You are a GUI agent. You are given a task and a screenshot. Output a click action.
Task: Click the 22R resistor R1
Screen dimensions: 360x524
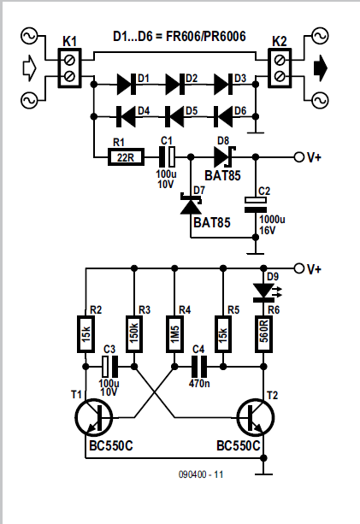[x=126, y=157]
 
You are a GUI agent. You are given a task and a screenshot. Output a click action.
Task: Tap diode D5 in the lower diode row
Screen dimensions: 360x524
[x=174, y=116]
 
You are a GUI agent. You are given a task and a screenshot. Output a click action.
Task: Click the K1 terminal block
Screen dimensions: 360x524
[x=69, y=68]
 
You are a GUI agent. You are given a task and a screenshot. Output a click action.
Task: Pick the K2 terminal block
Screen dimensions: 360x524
[x=280, y=68]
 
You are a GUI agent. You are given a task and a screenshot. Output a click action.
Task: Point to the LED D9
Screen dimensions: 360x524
[x=263, y=291]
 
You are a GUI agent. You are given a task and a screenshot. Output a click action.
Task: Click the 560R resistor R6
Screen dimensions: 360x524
[x=263, y=334]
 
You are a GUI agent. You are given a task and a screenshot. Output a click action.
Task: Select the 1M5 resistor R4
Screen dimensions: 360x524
[x=174, y=334]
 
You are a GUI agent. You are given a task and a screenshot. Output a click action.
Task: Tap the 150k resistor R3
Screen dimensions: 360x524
[x=134, y=334]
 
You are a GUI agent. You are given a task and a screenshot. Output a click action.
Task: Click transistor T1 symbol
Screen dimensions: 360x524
[x=93, y=417]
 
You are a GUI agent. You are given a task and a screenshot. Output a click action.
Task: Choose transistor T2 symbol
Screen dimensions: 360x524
[x=256, y=417]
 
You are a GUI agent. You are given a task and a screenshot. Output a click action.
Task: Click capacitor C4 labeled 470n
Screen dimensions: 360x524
[x=199, y=367]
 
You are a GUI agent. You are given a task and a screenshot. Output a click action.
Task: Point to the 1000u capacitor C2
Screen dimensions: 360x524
[x=256, y=205]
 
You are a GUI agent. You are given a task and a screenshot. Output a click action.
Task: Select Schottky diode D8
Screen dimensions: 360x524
[x=224, y=156]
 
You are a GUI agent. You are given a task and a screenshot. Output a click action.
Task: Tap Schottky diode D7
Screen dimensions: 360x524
[x=191, y=203]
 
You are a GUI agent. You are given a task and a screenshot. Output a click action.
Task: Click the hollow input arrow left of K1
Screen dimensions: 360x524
[x=29, y=68]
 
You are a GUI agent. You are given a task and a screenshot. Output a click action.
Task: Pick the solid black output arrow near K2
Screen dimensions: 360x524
[x=320, y=68]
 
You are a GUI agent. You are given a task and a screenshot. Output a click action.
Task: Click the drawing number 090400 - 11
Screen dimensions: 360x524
[x=201, y=474]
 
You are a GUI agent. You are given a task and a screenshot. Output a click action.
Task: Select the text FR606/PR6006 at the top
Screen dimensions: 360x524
[x=206, y=37]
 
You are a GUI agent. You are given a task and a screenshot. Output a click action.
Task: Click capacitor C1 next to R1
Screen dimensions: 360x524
[x=167, y=156]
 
